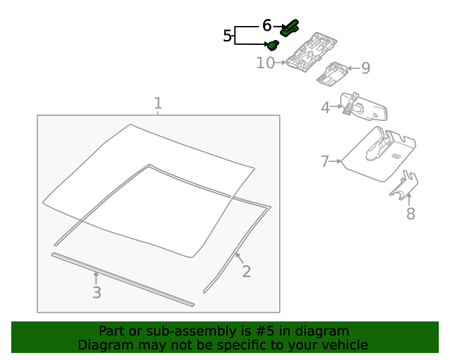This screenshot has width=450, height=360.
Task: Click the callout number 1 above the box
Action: point(158,104)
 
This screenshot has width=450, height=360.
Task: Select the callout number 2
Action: point(246,271)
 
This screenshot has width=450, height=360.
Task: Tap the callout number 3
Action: point(96,292)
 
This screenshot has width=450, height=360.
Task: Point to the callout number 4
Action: point(325,108)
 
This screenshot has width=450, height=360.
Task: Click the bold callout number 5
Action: point(227,36)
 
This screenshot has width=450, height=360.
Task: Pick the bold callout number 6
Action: point(266,25)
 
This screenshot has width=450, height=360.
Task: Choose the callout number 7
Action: point(324,162)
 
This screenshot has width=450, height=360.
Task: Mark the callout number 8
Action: point(411,214)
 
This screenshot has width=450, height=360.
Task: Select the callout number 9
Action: point(365,68)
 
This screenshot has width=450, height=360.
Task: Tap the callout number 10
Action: point(265,63)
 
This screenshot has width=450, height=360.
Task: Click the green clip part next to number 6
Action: point(289,29)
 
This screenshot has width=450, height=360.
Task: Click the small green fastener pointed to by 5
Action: point(272,45)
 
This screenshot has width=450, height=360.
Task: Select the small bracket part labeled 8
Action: point(405,186)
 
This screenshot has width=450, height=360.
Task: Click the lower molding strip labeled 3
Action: point(123,279)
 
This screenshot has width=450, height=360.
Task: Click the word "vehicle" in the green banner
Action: point(345,345)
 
